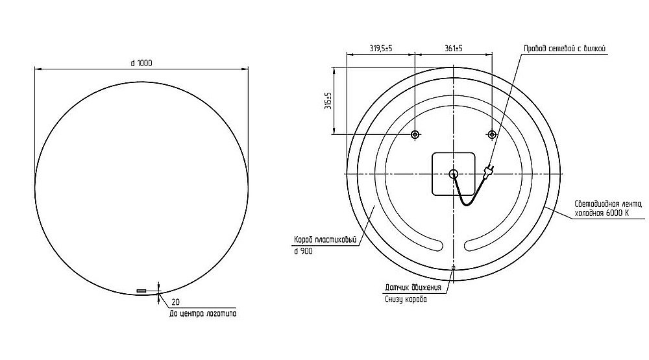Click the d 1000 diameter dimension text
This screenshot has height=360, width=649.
coord(141,62)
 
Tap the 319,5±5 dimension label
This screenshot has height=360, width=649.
coord(381,48)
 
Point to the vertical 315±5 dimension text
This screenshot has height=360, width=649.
coord(328,101)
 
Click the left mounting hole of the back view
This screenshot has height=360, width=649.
coord(415,135)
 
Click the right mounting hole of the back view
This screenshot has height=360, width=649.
coord(492,135)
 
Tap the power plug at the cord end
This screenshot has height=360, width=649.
coord(489,172)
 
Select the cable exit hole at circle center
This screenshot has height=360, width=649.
coord(453,173)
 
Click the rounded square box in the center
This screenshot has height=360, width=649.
coord(453,173)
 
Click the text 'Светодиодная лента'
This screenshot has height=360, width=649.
coord(607,204)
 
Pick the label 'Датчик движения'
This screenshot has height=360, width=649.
coord(413,287)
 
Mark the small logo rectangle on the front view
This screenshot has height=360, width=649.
coord(141,291)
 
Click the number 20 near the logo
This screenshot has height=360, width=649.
coord(175,302)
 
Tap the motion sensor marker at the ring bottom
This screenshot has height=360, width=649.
coord(453,267)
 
